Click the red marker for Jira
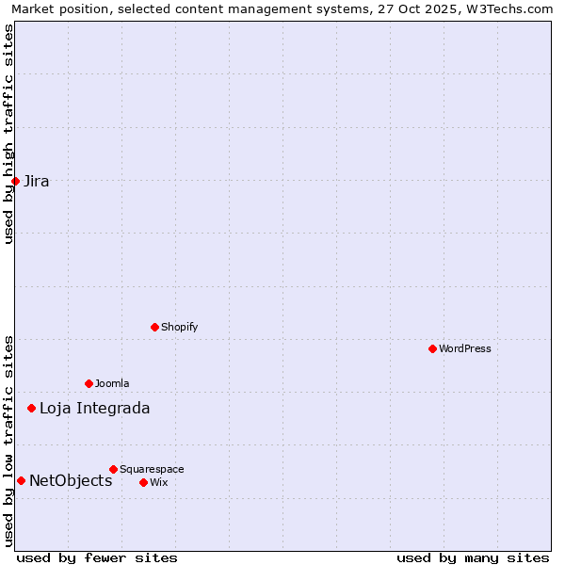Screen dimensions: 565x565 pyautogui.click(x=15, y=181)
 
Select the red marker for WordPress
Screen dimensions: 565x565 pyautogui.click(x=432, y=348)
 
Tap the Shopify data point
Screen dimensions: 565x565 pyautogui.click(x=154, y=327)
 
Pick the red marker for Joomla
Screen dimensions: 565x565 pyautogui.click(x=89, y=383)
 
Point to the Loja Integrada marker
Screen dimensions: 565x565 pyautogui.click(x=31, y=408)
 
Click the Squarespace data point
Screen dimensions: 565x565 pyautogui.click(x=113, y=469)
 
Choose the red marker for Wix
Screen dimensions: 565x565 pyautogui.click(x=143, y=482)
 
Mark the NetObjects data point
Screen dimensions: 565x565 pyautogui.click(x=21, y=480)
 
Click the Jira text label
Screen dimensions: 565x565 pyautogui.click(x=37, y=182)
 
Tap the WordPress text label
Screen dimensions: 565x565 pyautogui.click(x=465, y=349)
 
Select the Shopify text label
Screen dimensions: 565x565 pyautogui.click(x=180, y=328)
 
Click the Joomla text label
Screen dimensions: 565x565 pyautogui.click(x=112, y=384)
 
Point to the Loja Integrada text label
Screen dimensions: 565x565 pyautogui.click(x=94, y=409)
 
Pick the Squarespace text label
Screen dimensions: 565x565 pyautogui.click(x=152, y=470)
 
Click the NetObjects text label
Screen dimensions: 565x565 pyautogui.click(x=71, y=481)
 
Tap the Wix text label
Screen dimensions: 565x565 pyautogui.click(x=159, y=483)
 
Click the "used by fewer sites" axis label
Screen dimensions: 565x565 pyautogui.click(x=97, y=558)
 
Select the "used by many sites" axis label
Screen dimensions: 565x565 pyautogui.click(x=473, y=558)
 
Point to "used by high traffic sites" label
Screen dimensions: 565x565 pyautogui.click(x=8, y=134)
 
